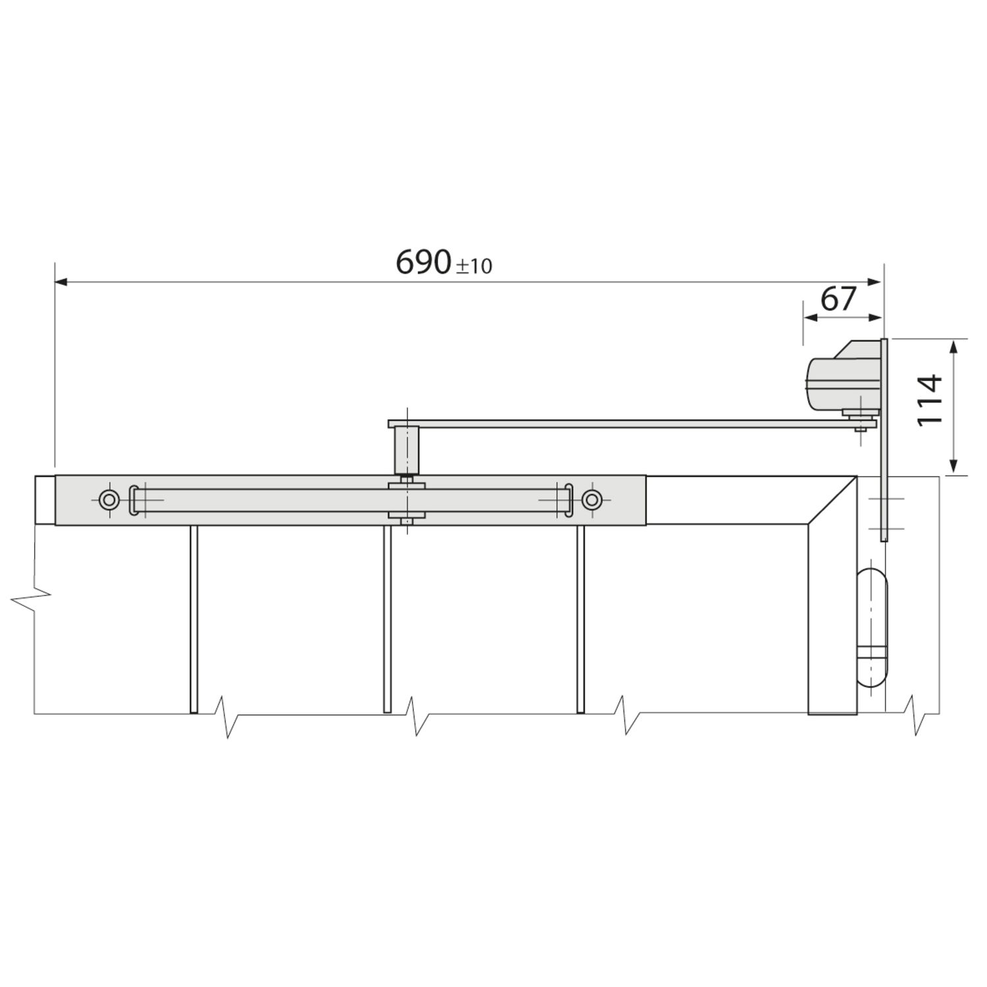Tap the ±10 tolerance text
(x=474, y=266)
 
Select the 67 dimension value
(x=838, y=299)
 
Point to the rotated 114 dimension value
(x=930, y=399)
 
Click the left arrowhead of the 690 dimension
(x=61, y=282)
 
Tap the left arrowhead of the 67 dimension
(x=811, y=317)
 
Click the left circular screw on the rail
(x=109, y=500)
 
